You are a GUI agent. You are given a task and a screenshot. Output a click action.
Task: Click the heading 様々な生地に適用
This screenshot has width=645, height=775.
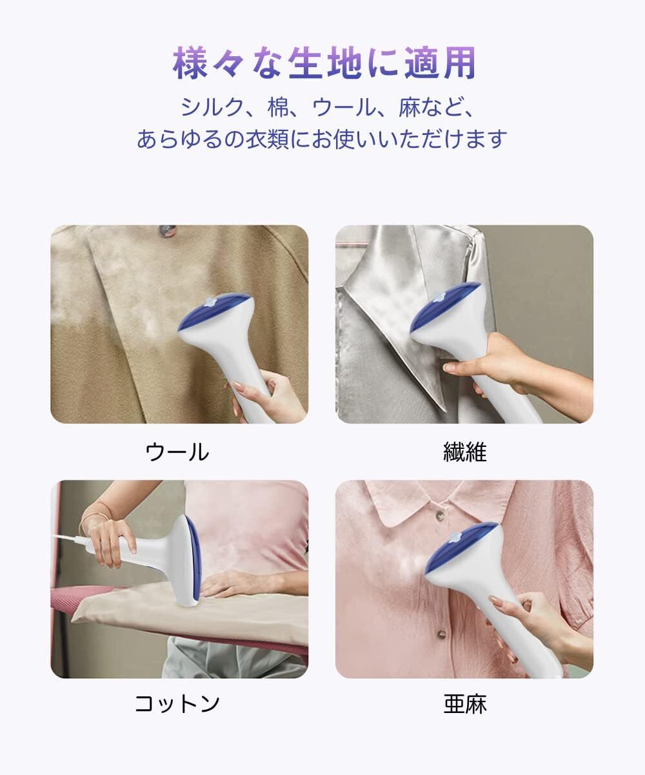point(324,63)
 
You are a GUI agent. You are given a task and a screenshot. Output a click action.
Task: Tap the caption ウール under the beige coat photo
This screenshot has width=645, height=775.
point(177,452)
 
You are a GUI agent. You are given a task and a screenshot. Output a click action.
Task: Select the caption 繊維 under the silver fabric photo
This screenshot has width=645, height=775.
point(465,452)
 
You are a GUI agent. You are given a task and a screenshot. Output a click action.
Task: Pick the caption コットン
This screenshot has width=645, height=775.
point(177,703)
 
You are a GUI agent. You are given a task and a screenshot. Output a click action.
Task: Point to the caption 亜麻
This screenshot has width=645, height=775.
point(465,704)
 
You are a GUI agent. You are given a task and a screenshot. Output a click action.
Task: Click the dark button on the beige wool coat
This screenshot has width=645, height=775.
point(168,231)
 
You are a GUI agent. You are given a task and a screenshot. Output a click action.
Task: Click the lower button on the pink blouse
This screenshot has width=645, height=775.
point(441,634)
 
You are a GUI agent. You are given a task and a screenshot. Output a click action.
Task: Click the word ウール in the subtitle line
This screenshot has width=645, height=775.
point(343,108)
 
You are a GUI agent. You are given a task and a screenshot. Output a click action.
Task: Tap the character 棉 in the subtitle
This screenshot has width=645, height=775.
point(279,108)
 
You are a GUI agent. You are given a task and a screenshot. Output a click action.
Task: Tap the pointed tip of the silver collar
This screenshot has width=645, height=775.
point(445,409)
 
